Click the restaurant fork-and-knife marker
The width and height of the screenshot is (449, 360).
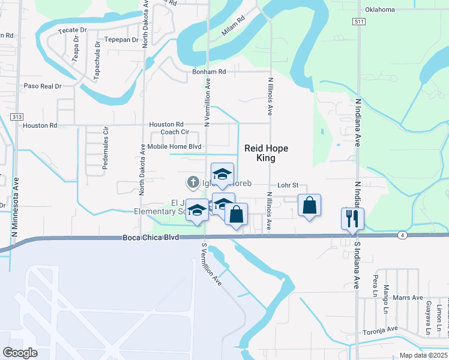352,218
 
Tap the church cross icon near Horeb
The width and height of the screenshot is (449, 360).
193,181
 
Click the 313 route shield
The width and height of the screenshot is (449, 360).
16,116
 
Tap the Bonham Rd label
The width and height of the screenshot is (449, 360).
208,72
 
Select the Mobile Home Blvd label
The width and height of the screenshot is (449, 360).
174,146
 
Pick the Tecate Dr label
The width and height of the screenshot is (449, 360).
72,30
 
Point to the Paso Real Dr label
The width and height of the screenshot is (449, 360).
43,86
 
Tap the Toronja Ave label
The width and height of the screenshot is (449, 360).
380,329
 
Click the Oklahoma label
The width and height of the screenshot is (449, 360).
380,10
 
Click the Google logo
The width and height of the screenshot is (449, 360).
20,353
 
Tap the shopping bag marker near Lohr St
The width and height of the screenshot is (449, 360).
309,206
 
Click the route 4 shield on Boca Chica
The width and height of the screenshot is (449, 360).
401,235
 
